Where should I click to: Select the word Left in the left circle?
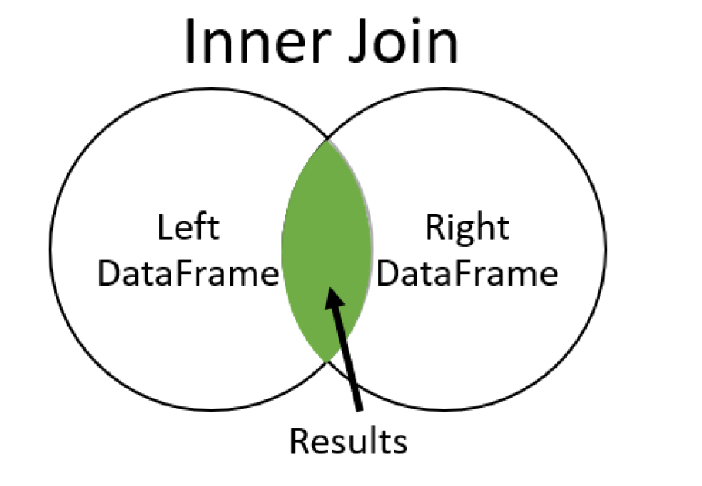pyautogui.click(x=188, y=229)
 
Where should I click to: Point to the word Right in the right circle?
pyautogui.click(x=467, y=229)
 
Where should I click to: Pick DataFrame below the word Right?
pyautogui.click(x=467, y=275)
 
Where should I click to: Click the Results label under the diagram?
pyautogui.click(x=348, y=442)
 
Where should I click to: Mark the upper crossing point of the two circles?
pyautogui.click(x=328, y=140)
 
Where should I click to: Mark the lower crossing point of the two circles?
pyautogui.click(x=328, y=361)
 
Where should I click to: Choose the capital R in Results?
pyautogui.click(x=299, y=442)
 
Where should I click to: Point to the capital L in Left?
pyautogui.click(x=164, y=229)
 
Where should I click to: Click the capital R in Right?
pyautogui.click(x=434, y=229)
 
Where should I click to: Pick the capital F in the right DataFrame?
pyautogui.click(x=471, y=275)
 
